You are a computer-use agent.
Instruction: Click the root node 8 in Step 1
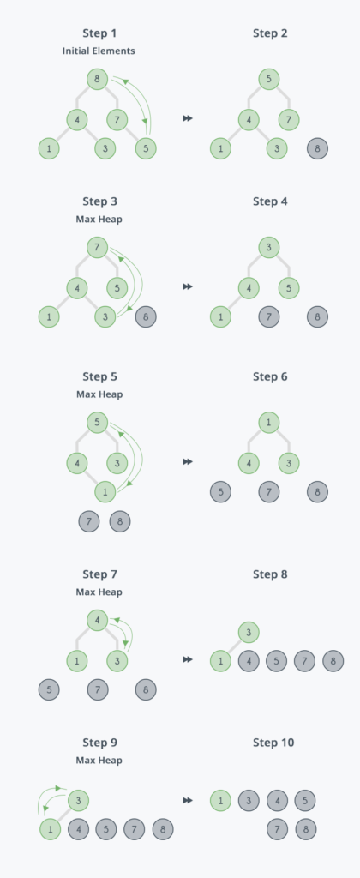98,79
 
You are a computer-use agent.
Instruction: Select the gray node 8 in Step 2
317,148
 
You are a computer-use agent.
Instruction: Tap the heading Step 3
99,201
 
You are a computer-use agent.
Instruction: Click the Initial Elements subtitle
99,51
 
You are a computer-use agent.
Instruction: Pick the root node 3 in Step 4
269,247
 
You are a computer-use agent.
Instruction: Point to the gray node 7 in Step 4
269,316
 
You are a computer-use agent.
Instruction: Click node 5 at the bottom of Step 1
146,148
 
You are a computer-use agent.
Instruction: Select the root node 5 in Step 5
98,422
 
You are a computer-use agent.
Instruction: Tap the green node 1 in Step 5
105,491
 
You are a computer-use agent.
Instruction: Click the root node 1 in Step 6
269,422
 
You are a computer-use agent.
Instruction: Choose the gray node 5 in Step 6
220,491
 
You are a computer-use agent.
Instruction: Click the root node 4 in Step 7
98,620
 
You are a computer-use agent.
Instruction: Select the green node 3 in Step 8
249,633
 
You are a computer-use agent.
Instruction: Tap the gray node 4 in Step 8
249,661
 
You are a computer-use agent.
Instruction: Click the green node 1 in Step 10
220,800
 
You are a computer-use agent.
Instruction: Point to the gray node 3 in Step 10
249,800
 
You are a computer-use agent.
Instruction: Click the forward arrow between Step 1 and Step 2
188,118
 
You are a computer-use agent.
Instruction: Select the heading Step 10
273,743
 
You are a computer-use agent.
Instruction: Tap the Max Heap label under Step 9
99,761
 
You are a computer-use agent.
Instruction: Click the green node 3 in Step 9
78,800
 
